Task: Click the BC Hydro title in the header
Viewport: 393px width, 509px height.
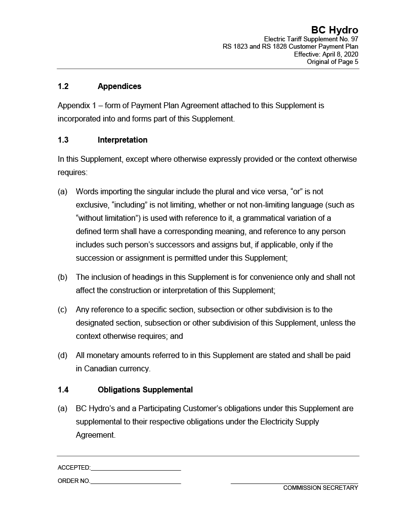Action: coord(335,30)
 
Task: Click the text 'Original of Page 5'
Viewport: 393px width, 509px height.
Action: coord(333,62)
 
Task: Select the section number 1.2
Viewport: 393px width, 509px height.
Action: coord(63,87)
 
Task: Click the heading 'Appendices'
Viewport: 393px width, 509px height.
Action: coord(119,87)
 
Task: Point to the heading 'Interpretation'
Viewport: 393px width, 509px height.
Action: coord(122,140)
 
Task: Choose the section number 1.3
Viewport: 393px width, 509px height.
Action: coord(63,140)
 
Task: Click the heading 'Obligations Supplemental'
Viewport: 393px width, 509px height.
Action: coord(145,390)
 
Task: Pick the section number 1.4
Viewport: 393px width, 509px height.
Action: coord(63,390)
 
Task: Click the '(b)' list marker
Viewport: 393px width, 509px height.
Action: coord(62,277)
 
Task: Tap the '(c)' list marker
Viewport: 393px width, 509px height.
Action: coord(62,310)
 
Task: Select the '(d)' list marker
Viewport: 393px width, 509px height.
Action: coord(62,355)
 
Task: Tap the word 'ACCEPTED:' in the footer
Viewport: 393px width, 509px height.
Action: coord(74,468)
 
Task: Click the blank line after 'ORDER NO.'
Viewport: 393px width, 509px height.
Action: coord(136,482)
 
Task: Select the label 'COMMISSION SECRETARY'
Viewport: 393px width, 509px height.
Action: coord(320,488)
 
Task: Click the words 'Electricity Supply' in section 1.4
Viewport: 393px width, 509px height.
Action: coord(289,422)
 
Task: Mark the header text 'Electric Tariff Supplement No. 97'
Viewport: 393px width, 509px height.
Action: coord(311,39)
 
